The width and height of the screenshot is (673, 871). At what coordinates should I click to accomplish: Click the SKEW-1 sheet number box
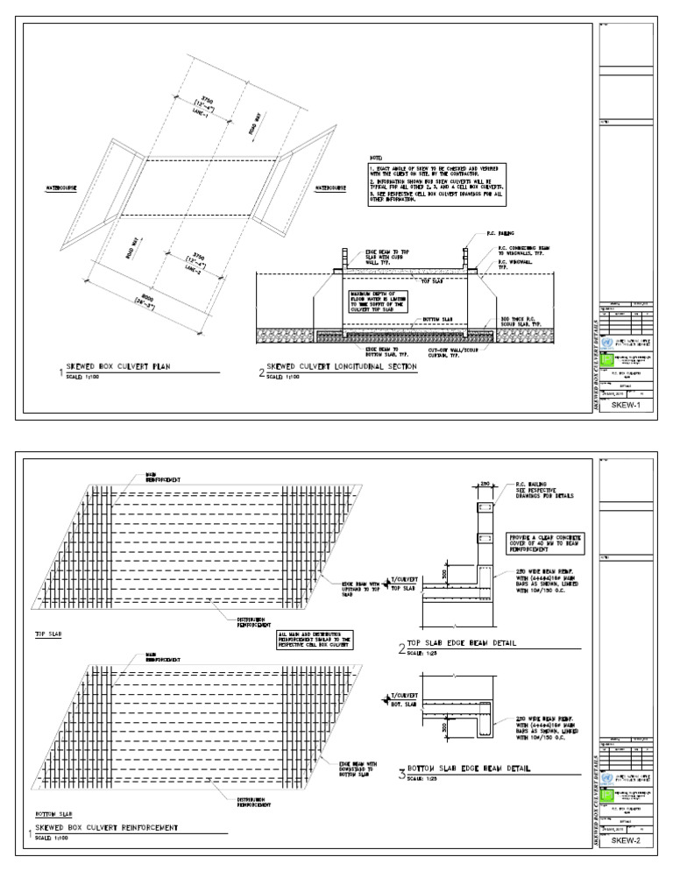[x=626, y=405]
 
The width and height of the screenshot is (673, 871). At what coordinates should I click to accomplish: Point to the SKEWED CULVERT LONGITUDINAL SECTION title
[x=341, y=370]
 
